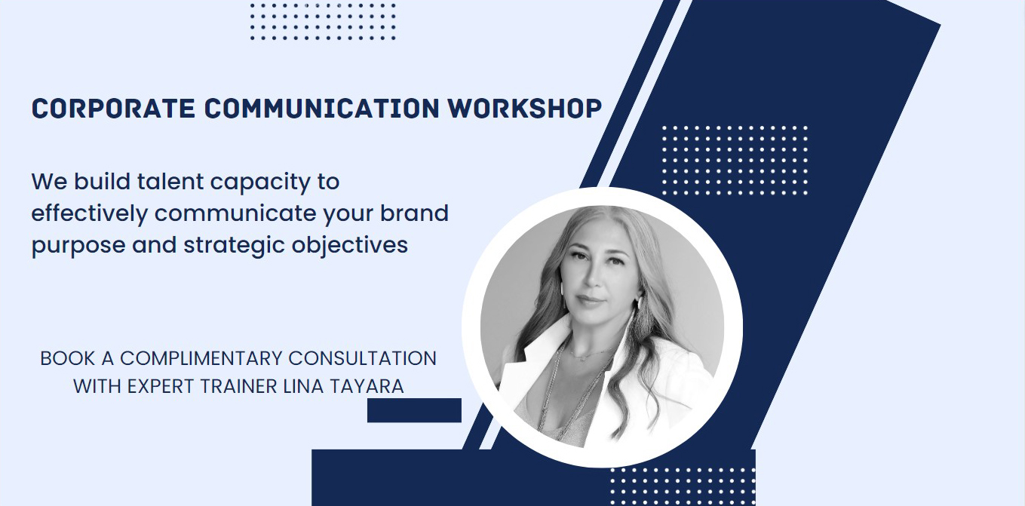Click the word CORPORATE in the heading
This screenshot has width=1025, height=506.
(113, 109)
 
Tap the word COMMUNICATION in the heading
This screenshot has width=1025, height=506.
(322, 109)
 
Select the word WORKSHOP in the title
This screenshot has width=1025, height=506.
(524, 109)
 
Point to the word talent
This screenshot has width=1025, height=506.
(170, 181)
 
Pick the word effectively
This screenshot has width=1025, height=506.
(90, 214)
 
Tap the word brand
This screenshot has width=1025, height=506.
(414, 213)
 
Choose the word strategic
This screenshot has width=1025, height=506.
(235, 246)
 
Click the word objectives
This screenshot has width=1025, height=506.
(350, 246)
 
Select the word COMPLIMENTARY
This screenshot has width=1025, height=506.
(201, 358)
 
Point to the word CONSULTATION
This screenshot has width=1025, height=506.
(363, 358)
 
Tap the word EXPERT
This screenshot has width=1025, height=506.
(161, 386)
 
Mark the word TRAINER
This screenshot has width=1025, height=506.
(239, 386)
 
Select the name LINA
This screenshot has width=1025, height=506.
(303, 386)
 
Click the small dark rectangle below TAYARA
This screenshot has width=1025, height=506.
(414, 410)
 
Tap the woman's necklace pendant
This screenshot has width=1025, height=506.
(582, 360)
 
